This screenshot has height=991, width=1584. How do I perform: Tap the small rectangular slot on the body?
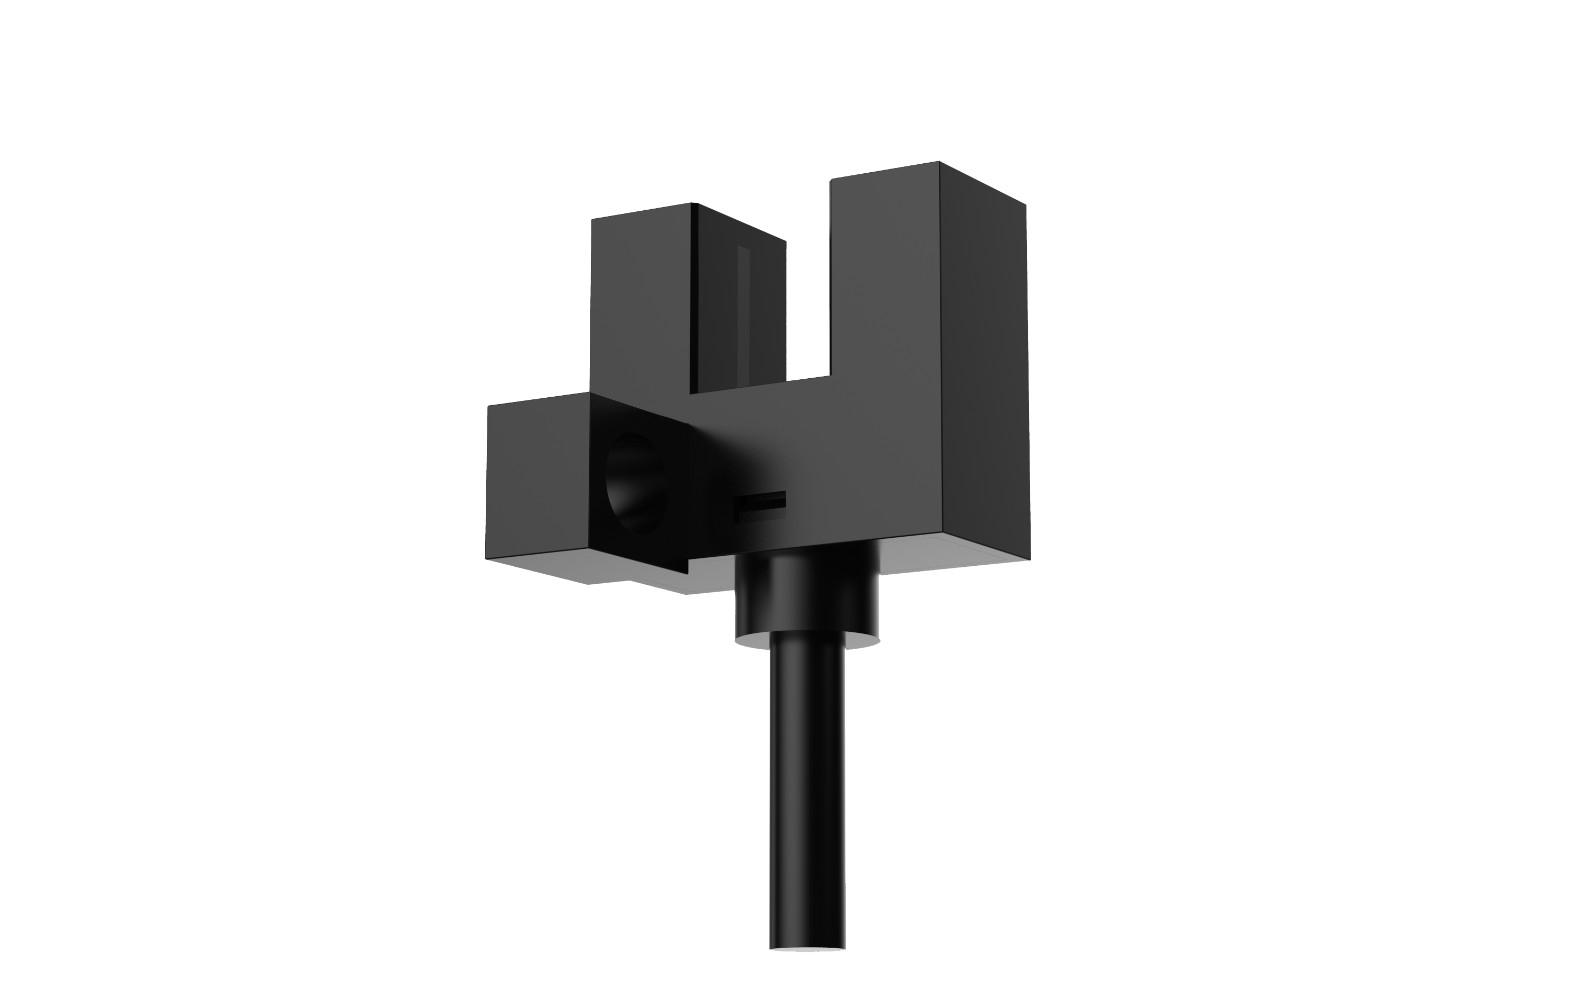(760, 506)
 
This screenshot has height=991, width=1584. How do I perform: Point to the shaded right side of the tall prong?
(983, 367)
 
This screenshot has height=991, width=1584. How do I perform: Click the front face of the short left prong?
(640, 302)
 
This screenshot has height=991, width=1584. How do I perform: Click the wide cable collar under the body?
(807, 596)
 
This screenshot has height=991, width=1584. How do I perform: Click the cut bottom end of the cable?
(807, 967)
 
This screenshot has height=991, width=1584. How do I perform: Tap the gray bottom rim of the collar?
(807, 645)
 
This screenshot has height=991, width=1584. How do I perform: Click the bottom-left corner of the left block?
(486, 558)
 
